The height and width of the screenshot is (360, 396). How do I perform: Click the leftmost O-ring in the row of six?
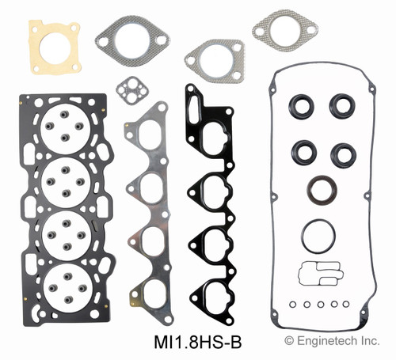tap(293, 304)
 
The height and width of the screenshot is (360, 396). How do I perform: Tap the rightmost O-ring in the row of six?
tap(345, 304)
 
